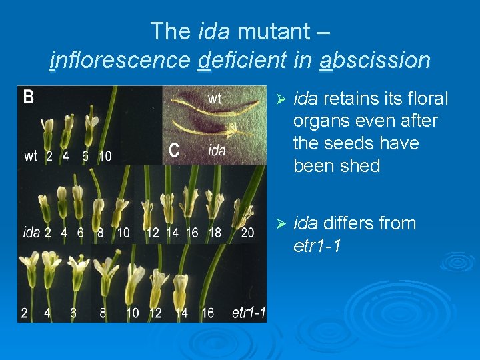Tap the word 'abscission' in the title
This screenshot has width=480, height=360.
[x=375, y=61]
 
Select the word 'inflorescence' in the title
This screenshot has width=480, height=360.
[x=120, y=61]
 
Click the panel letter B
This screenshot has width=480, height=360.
[x=29, y=98]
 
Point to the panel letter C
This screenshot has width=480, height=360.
[x=174, y=151]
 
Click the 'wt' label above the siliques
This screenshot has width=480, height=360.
[x=215, y=99]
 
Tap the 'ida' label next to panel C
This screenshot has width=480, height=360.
[x=217, y=151]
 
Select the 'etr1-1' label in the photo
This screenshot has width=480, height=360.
[x=249, y=313]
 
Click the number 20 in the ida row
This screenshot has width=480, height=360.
[x=247, y=233]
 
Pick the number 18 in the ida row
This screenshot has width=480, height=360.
[x=215, y=233]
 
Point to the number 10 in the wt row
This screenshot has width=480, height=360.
[x=105, y=157]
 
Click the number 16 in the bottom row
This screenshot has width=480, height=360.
[x=207, y=313]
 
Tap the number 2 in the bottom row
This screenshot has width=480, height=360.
[x=25, y=313]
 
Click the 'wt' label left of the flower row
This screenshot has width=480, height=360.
[x=31, y=157]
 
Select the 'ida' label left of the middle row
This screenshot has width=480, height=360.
[x=31, y=233]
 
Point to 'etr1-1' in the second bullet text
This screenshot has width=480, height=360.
[x=317, y=246]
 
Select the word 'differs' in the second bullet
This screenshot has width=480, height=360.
[x=355, y=223]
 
